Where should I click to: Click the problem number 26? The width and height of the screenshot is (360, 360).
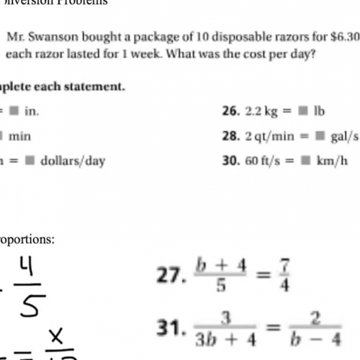(229, 112)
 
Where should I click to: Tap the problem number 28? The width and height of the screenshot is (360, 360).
(229, 135)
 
